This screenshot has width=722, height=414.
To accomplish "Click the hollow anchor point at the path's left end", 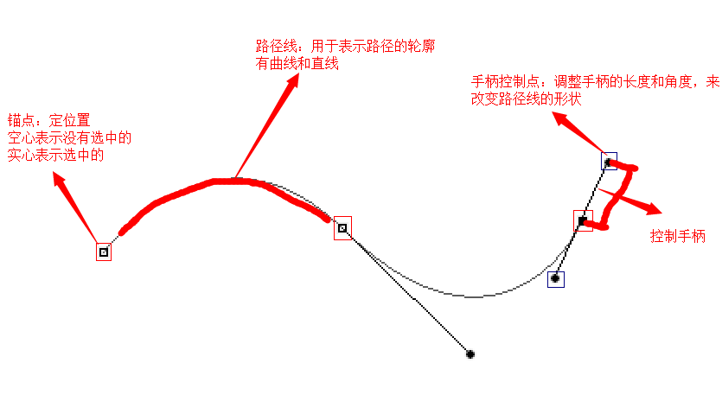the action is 104,252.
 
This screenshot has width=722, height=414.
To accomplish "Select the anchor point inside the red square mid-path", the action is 342,228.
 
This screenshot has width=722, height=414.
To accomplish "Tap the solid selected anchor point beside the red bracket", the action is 583,220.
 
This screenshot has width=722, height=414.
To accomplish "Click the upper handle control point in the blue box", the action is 609,161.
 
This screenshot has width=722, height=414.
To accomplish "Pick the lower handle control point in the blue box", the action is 556,278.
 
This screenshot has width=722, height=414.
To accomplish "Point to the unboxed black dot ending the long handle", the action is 470,354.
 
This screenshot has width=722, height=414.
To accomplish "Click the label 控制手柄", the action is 678,236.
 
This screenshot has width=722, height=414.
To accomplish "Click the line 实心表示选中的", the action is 56,155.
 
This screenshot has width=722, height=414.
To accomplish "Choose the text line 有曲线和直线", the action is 297,63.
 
